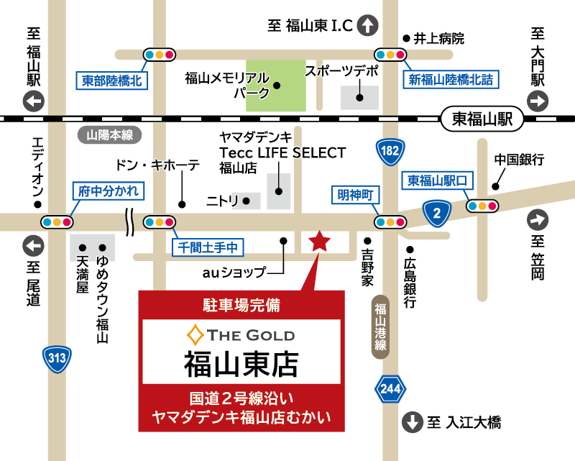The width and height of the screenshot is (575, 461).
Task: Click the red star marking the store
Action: (318, 242)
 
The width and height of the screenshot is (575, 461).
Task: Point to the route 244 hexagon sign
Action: (387, 389)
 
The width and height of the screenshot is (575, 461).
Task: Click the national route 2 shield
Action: (436, 211)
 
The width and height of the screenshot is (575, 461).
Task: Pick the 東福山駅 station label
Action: (481, 119)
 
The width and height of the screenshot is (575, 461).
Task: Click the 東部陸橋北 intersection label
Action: (111, 81)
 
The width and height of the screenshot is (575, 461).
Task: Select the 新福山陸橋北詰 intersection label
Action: (451, 81)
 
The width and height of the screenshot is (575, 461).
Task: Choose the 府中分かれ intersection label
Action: (109, 191)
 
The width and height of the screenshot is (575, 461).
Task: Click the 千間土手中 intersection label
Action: (208, 247)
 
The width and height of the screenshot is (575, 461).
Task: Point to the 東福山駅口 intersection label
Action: (437, 179)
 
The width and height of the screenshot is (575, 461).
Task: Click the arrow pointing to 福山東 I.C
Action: (368, 26)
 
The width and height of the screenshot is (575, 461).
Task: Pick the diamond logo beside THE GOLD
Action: (195, 334)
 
